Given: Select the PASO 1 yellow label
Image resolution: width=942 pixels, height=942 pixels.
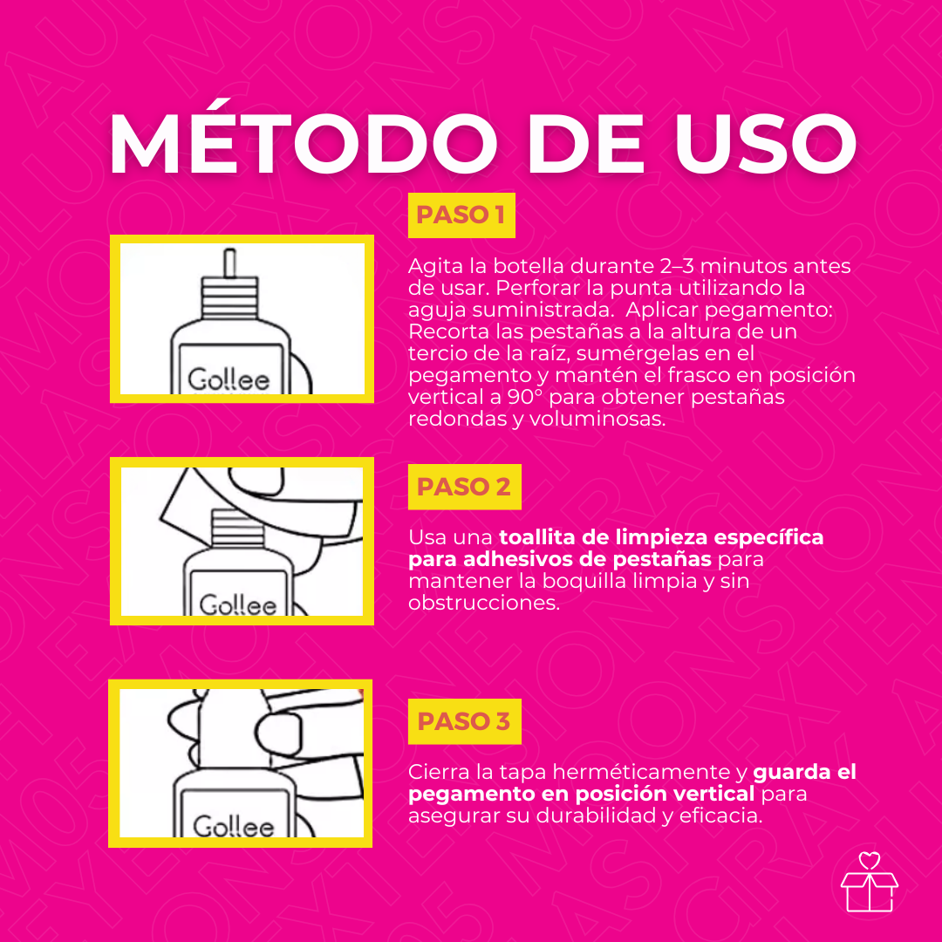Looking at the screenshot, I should pos(461,215).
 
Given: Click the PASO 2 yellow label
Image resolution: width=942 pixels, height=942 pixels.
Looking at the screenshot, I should pos(464,487).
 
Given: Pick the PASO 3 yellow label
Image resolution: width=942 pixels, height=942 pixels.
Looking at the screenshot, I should pos(464,721).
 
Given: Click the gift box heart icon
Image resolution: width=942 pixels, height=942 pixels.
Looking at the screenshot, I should pos(869,883).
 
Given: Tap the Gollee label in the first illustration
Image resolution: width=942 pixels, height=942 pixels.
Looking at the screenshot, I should pos(229,379).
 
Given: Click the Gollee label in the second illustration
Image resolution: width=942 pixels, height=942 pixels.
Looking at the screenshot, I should pos(237,604).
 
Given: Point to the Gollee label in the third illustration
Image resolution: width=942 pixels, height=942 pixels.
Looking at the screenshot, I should pos(233,825).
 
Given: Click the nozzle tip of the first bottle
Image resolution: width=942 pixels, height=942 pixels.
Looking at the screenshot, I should pos(229,261).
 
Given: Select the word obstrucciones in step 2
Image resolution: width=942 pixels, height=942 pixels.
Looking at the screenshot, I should pos(484,602).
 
